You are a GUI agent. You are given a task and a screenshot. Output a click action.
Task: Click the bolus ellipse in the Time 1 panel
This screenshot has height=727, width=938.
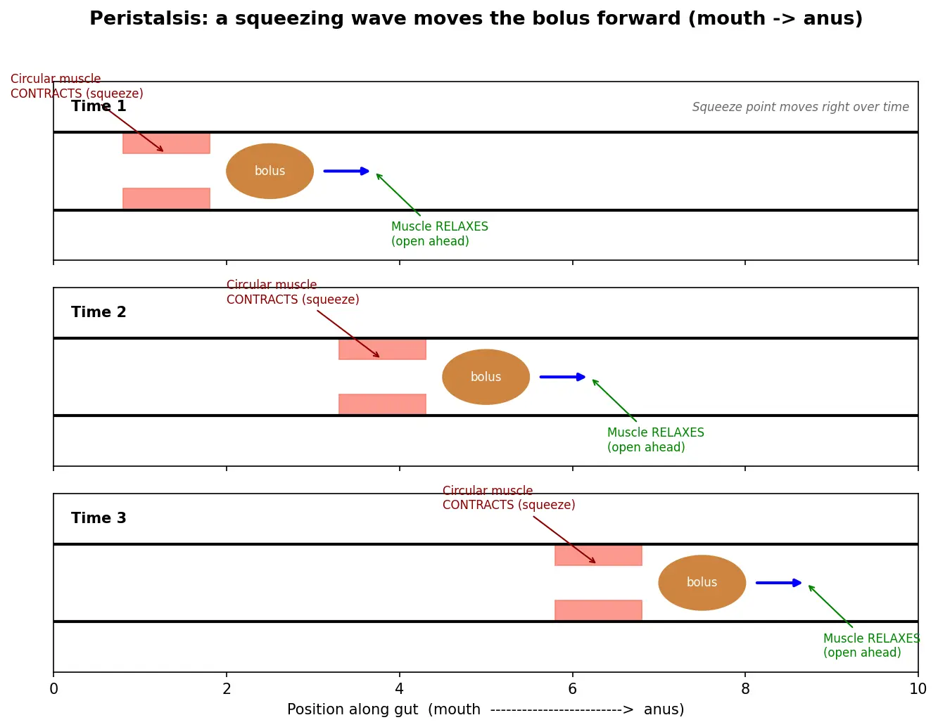pyautogui.click(x=270, y=171)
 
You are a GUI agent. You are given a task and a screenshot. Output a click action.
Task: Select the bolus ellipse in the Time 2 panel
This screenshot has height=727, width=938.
pyautogui.click(x=486, y=376)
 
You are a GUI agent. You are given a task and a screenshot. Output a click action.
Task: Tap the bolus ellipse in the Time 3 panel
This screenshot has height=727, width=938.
pyautogui.click(x=702, y=582)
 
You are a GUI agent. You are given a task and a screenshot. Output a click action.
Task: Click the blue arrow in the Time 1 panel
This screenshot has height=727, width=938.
pyautogui.click(x=346, y=171)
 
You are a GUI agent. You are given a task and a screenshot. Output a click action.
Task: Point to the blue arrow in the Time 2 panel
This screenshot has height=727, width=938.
pyautogui.click(x=562, y=376)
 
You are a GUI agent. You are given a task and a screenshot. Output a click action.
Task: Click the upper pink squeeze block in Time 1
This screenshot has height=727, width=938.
pyautogui.click(x=166, y=143)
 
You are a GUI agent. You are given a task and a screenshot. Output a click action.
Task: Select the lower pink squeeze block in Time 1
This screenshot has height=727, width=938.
pyautogui.click(x=166, y=198)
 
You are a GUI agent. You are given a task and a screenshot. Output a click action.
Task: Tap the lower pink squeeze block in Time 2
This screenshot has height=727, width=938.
pyautogui.click(x=382, y=404)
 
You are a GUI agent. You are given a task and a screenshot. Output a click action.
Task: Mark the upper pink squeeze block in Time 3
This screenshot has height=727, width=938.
pyautogui.click(x=598, y=555)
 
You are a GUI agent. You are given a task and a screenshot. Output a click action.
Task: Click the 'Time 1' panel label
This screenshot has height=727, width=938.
pyautogui.click(x=99, y=105)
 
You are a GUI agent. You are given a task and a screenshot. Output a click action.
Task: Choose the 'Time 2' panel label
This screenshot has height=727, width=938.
pyautogui.click(x=99, y=311)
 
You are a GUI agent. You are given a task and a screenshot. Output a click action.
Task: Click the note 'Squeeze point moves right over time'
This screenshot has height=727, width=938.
pyautogui.click(x=800, y=106)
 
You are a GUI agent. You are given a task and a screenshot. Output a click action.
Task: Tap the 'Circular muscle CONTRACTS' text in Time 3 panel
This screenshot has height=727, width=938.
pyautogui.click(x=508, y=497)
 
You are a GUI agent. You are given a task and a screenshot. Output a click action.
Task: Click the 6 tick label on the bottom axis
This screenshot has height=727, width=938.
pyautogui.click(x=572, y=688)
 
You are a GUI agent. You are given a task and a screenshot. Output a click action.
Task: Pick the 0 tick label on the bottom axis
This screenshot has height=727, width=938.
pyautogui.click(x=53, y=688)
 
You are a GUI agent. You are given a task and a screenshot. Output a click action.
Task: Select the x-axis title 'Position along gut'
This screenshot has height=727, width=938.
pyautogui.click(x=353, y=709)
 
